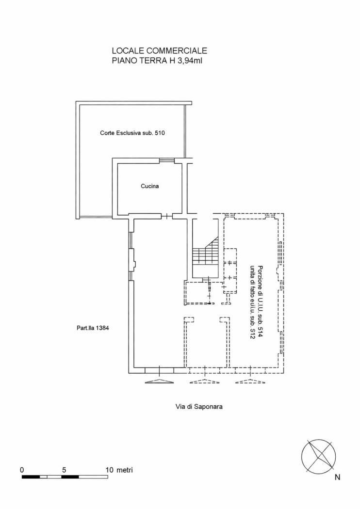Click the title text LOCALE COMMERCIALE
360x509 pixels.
click(160, 50)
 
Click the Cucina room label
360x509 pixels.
click(150, 186)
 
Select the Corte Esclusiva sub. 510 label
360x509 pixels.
click(129, 133)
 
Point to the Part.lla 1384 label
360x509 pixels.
click(93, 328)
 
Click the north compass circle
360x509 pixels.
click(319, 455)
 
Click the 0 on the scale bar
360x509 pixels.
click(22, 470)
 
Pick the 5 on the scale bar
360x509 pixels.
click(65, 470)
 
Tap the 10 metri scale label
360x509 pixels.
click(119, 470)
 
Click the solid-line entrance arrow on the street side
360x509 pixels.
click(159, 381)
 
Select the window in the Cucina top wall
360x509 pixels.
click(166, 160)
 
